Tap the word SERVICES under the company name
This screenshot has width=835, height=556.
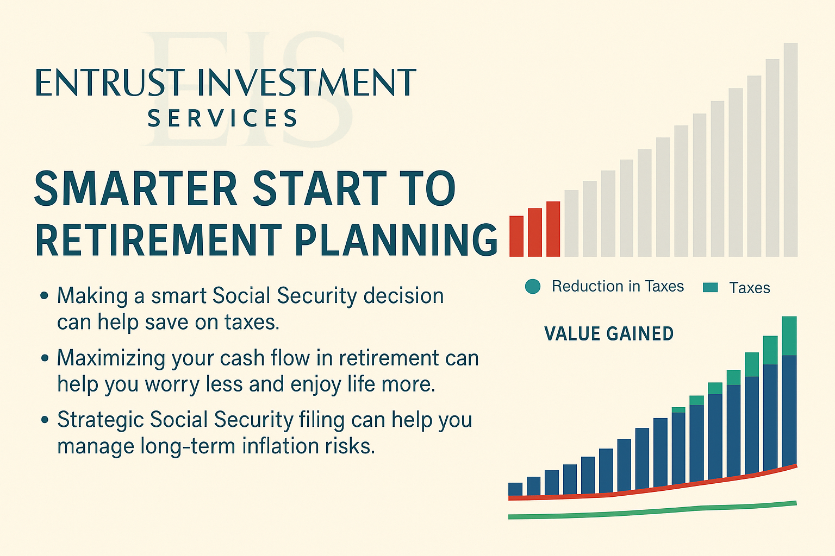tap(222, 118)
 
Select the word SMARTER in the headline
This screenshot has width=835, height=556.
tap(136, 188)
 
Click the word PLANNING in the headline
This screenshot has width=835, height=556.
tap(396, 239)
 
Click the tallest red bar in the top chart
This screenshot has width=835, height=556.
tap(553, 229)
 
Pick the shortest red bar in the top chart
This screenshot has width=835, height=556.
tap(516, 236)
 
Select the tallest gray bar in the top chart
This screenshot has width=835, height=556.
tap(790, 150)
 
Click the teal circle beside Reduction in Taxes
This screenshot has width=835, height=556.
tap(533, 286)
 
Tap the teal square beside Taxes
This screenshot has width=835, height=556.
tap(710, 287)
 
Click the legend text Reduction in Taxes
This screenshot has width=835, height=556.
tap(618, 286)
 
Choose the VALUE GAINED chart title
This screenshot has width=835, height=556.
tap(609, 333)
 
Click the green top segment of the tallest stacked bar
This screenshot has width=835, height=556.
tap(789, 336)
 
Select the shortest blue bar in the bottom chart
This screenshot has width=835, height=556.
tap(515, 489)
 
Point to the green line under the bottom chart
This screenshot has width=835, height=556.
tap(652, 510)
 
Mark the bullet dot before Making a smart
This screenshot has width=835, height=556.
tap(45, 296)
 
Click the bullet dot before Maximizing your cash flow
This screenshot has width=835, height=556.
tap(45, 358)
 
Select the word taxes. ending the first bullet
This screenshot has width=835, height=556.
tap(252, 322)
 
